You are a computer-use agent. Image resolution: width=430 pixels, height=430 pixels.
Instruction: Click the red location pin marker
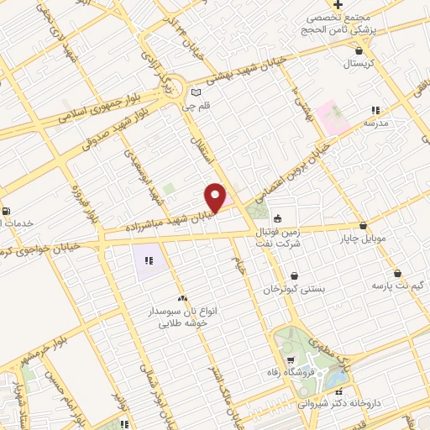216,197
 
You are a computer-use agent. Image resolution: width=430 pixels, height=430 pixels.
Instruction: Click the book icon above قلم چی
196,92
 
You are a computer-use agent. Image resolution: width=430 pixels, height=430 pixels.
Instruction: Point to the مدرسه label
377,123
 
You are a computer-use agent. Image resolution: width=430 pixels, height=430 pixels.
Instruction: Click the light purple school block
148,261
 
